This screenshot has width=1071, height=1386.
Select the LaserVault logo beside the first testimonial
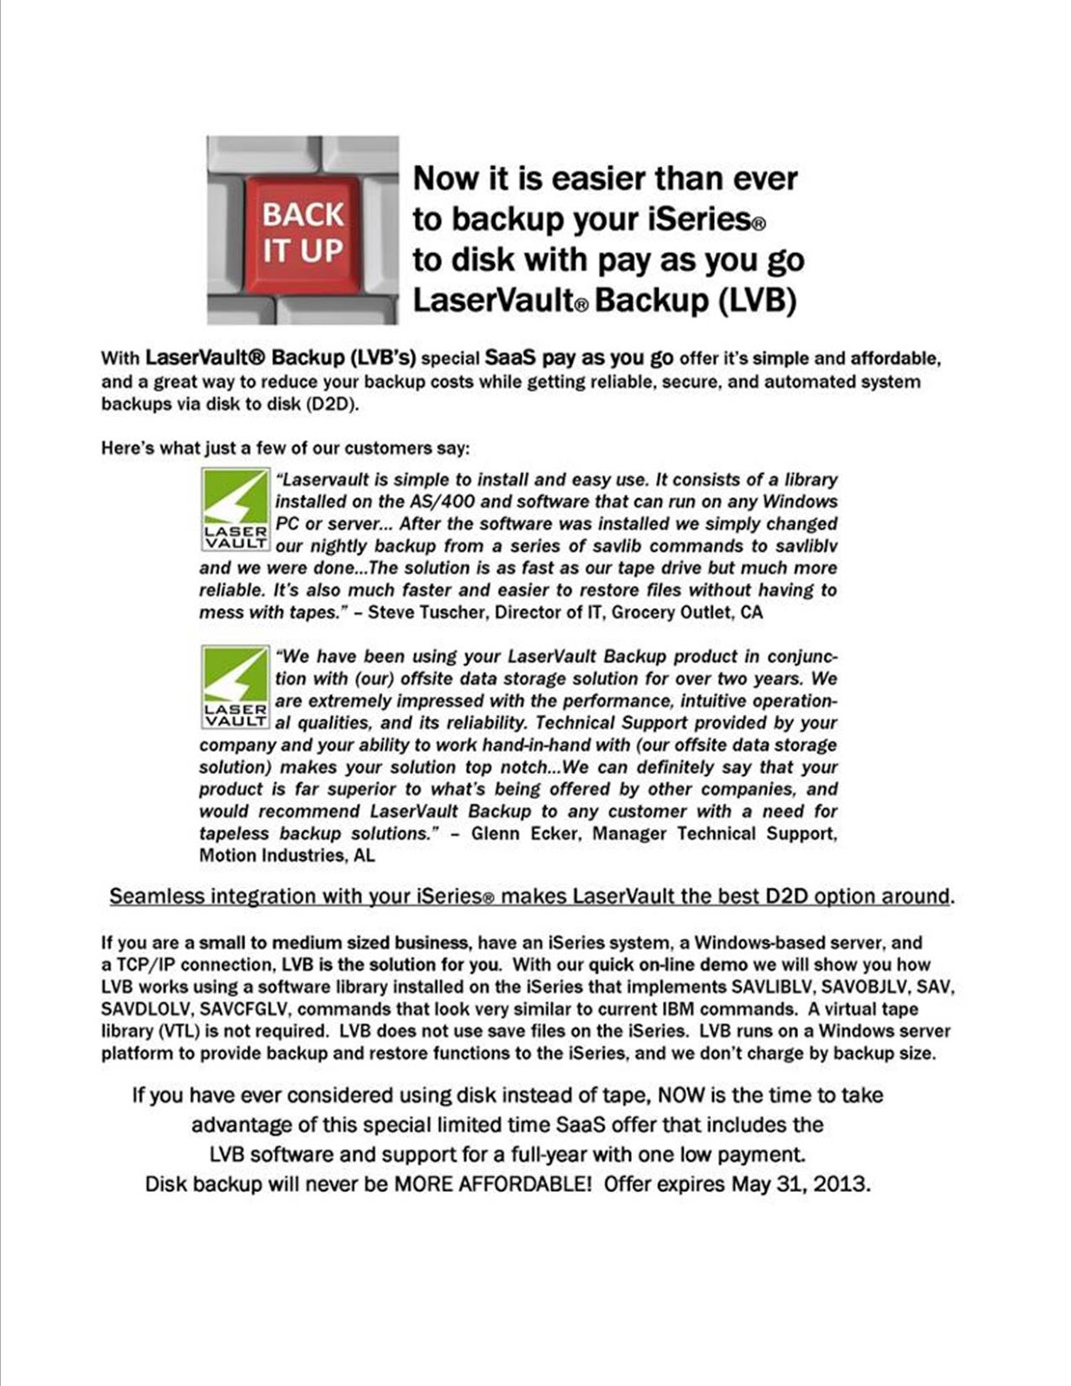[235, 509]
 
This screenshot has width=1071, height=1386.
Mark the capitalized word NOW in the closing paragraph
[681, 1096]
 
